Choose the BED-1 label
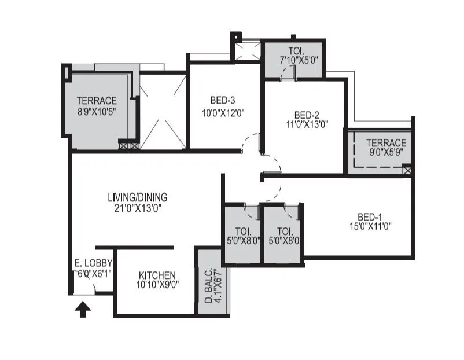click(x=363, y=216)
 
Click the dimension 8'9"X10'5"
click(x=97, y=111)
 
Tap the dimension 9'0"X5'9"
click(x=386, y=153)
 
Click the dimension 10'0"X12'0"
click(x=215, y=113)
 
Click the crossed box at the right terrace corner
click(x=407, y=170)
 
